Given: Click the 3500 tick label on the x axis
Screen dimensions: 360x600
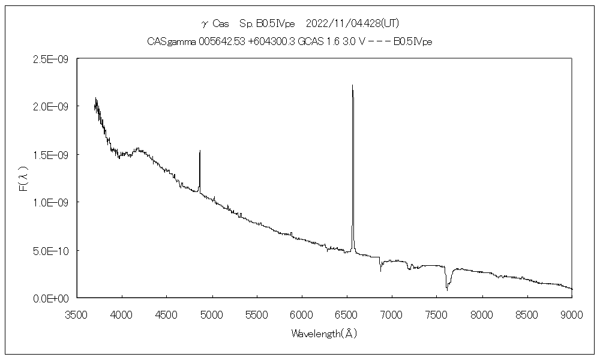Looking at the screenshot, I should [x=77, y=314].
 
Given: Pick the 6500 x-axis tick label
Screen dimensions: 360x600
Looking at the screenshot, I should [x=347, y=314].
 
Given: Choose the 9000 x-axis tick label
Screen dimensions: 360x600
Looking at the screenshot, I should [x=572, y=314].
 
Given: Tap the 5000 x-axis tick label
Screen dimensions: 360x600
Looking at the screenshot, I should [x=212, y=314].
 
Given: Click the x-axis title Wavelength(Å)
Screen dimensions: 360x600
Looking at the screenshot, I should [x=324, y=333].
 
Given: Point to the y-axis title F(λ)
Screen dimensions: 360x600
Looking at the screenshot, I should [x=24, y=179].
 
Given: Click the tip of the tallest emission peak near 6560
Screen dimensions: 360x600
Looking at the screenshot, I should [x=352, y=85].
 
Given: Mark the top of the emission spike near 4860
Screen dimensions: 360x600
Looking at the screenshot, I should [x=200, y=151].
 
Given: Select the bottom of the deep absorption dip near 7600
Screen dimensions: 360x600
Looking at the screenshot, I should [x=446, y=290].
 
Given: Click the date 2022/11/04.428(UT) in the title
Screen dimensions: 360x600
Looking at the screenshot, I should [x=353, y=23].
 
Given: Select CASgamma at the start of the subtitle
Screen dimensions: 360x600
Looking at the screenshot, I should [x=166, y=41].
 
